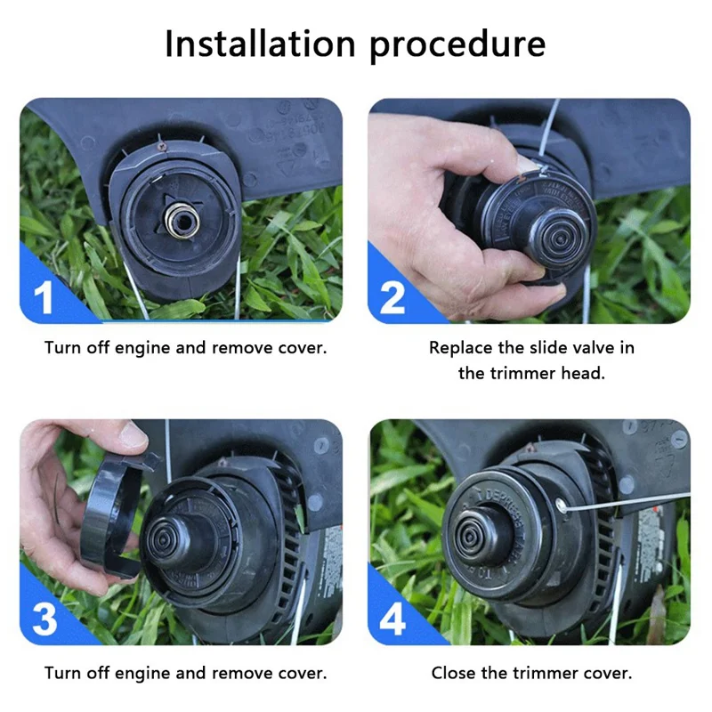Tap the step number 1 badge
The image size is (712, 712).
coord(44,299)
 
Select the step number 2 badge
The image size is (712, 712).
coord(392,299)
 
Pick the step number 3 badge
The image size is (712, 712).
coord(44,619)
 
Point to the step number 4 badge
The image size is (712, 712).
coord(392,619)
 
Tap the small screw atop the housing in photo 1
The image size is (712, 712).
coord(161,144)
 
